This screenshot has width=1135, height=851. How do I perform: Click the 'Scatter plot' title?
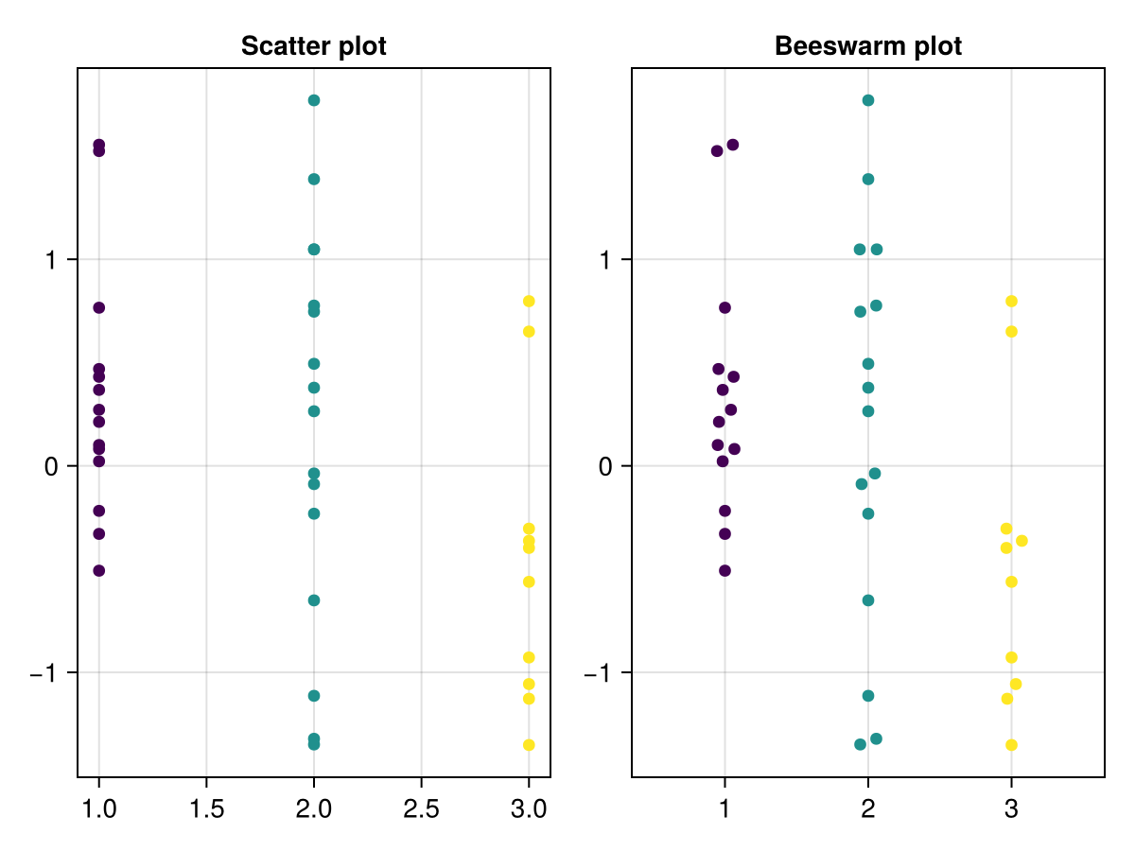(313, 46)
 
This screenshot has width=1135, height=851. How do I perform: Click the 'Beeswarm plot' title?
(867, 46)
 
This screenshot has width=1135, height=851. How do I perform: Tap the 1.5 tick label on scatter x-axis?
(206, 809)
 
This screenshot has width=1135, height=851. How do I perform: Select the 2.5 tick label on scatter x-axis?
(421, 809)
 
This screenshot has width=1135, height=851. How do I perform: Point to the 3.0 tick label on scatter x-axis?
(529, 809)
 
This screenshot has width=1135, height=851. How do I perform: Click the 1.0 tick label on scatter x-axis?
(98, 809)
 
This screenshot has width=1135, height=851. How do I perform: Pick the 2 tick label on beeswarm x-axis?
(868, 809)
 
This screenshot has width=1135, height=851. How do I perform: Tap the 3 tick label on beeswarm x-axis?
(1011, 809)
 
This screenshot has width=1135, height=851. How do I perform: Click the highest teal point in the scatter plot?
(314, 100)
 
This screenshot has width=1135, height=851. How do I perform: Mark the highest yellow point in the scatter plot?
(529, 301)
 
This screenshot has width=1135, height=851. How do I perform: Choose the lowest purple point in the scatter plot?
(98, 570)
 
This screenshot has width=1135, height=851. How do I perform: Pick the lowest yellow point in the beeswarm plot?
(1011, 745)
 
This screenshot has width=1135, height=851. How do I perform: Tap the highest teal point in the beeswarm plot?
(868, 100)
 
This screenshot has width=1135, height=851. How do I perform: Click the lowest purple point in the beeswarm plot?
(725, 570)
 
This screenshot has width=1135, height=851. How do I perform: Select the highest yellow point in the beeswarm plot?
(1011, 301)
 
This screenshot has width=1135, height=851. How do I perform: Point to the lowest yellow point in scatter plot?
(529, 745)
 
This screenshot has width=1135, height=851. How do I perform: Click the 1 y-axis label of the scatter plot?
(53, 260)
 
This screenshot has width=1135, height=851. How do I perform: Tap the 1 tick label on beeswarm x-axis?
(725, 809)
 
